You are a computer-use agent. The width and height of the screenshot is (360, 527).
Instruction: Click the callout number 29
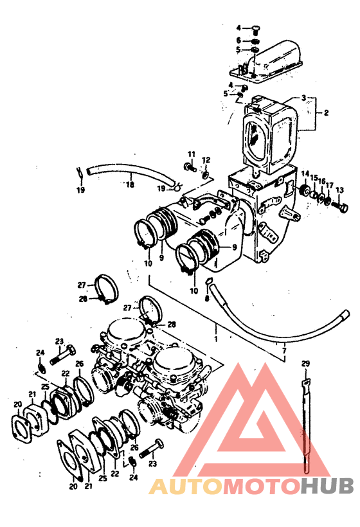tap(305, 363)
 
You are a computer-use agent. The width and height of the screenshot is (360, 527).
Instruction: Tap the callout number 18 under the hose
tap(130, 184)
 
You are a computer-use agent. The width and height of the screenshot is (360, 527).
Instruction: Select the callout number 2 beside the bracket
tap(326, 113)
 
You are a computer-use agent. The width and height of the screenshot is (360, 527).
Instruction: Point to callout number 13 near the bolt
tap(339, 190)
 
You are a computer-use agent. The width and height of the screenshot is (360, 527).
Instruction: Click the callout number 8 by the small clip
tap(207, 298)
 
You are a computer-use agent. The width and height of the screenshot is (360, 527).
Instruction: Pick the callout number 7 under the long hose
tap(284, 351)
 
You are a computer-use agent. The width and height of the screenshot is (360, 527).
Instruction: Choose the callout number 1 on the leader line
tap(216, 339)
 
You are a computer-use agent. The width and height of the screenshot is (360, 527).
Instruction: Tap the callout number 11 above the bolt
tap(192, 155)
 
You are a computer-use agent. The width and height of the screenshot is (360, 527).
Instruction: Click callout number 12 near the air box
tap(206, 160)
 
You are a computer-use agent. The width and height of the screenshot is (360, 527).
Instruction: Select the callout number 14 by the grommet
tap(305, 174)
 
